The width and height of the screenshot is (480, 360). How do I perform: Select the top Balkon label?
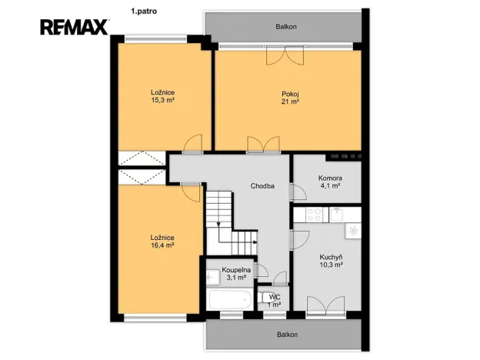click(285, 27)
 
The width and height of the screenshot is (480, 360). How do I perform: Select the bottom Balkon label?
click(285, 335)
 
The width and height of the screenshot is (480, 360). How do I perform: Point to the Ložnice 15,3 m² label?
click(162, 96)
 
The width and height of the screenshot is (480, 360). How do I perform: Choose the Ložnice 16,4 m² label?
click(162, 241)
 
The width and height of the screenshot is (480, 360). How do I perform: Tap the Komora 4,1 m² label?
click(330, 182)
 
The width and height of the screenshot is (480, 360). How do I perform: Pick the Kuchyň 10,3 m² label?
click(330, 260)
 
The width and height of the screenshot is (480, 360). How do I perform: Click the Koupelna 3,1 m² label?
click(236, 274)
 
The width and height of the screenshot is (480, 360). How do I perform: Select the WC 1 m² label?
click(274, 300)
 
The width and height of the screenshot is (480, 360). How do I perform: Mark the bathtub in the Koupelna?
click(229, 298)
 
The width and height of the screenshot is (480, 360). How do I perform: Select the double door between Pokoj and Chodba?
click(262, 145)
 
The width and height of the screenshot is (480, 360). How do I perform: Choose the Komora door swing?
click(298, 193)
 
